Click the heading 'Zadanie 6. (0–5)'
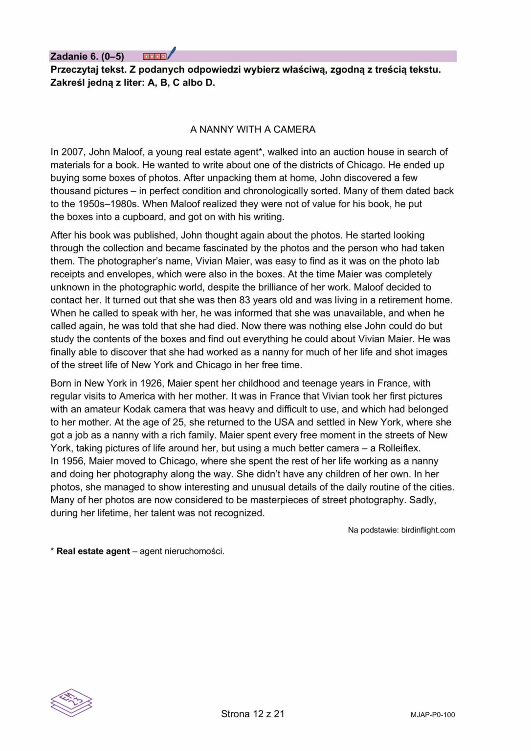[x=87, y=56]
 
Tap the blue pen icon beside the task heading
[x=171, y=53]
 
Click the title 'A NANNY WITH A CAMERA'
[x=252, y=130]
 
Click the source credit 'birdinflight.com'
[x=428, y=530]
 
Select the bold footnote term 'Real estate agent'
[x=93, y=552]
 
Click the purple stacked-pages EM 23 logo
[x=71, y=703]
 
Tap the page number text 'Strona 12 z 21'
[x=252, y=714]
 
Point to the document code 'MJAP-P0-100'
[x=432, y=715]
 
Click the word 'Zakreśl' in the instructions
[x=67, y=83]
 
